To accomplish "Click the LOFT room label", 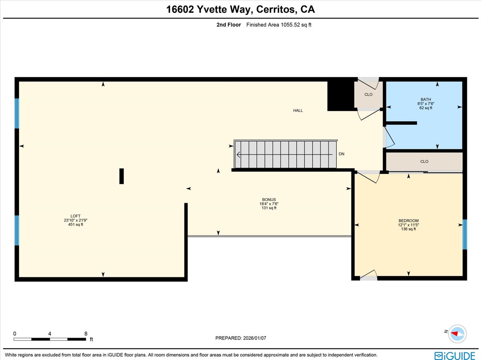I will [x=76, y=216].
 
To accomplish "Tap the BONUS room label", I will [x=269, y=199].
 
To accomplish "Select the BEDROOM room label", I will [x=408, y=221].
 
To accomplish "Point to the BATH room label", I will [x=426, y=99].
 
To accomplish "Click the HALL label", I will [x=298, y=111].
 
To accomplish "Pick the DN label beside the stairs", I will [x=342, y=154].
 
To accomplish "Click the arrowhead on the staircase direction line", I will [x=238, y=155].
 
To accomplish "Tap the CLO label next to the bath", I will [x=368, y=95].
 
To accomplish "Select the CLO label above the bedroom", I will [x=424, y=162].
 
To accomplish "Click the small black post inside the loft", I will [x=121, y=176].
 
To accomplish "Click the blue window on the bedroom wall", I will [x=465, y=234].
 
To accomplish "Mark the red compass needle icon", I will [x=455, y=333].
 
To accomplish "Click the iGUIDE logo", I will [x=455, y=355].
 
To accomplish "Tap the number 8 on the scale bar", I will [x=86, y=334].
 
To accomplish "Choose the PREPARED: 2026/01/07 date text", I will [x=240, y=338].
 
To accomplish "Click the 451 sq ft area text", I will [x=76, y=225].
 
